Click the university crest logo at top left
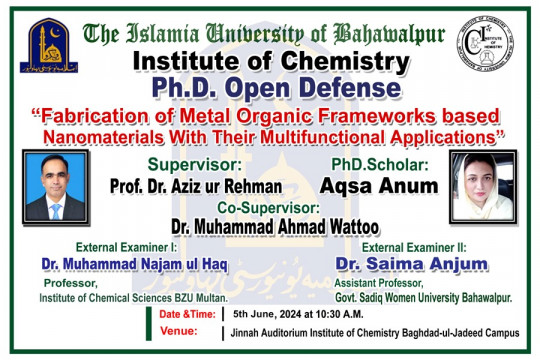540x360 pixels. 49,45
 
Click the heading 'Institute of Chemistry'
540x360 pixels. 270,62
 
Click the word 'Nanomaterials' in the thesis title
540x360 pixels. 105,134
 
